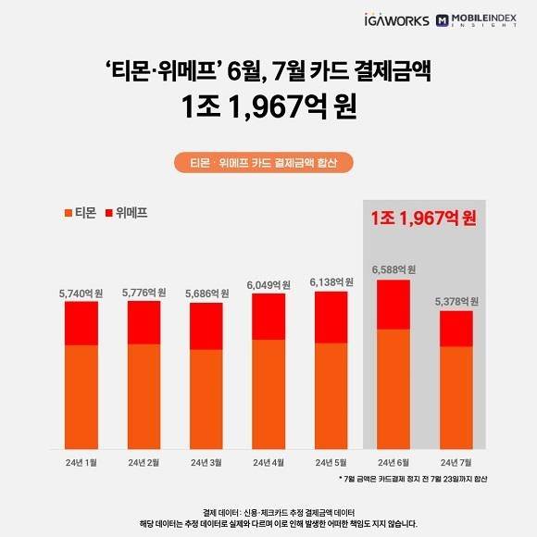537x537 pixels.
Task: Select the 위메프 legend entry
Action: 127,213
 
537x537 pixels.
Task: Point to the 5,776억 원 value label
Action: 144,293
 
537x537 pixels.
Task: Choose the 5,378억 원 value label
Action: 456,302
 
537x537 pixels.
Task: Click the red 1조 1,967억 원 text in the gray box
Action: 421,219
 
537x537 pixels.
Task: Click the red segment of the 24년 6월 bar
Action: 394,304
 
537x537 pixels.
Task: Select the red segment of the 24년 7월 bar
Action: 456,329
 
